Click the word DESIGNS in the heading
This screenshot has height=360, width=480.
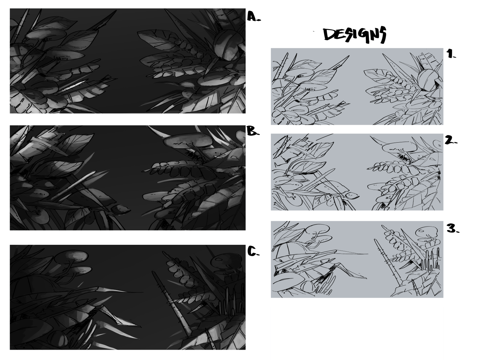(355, 35)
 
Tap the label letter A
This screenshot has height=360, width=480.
(253, 16)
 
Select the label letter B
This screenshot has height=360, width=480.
(253, 131)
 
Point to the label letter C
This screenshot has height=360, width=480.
(253, 251)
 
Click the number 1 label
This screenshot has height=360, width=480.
(451, 53)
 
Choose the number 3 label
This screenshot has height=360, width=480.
(453, 229)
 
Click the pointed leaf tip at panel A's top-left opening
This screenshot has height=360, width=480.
(116, 11)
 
